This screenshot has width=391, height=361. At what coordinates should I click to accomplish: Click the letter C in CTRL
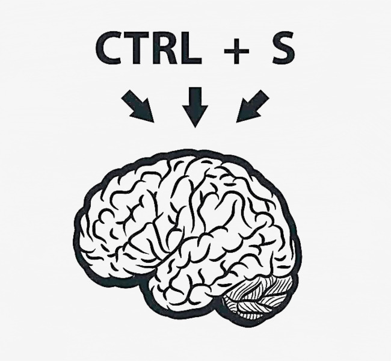(x=108, y=48)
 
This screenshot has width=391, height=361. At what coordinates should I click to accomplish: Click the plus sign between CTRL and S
(x=236, y=51)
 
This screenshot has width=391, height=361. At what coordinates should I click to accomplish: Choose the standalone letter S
(x=283, y=48)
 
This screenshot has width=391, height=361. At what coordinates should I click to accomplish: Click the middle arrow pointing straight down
(x=195, y=107)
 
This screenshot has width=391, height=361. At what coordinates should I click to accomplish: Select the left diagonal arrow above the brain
(x=138, y=106)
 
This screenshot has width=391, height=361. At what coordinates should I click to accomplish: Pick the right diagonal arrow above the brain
(x=253, y=106)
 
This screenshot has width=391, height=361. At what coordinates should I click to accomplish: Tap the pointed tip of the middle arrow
(x=195, y=127)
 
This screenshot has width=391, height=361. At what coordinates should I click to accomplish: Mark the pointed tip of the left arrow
(x=153, y=122)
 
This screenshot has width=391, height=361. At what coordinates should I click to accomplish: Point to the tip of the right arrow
(x=236, y=122)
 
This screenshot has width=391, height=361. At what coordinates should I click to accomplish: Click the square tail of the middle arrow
(x=195, y=88)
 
